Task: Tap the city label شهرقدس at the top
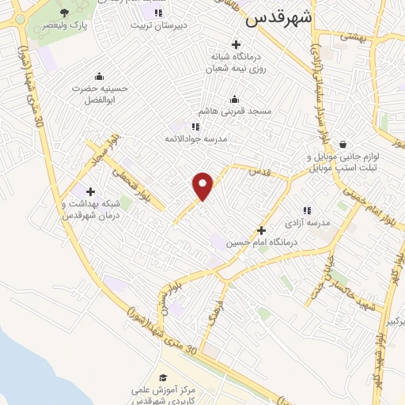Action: [x=278, y=18]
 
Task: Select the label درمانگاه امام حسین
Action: [x=261, y=243]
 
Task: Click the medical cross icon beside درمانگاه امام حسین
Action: [x=262, y=230]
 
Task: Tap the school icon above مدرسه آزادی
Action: [x=307, y=210]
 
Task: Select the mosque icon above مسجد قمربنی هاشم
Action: [x=234, y=100]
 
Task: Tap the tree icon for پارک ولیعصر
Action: [x=63, y=13]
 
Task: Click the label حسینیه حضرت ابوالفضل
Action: [x=99, y=94]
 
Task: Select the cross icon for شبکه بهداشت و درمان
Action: [x=91, y=191]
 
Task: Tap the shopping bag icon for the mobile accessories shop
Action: [x=343, y=144]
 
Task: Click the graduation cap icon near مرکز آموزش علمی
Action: [x=163, y=377]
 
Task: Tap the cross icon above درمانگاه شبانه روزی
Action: [x=234, y=44]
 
